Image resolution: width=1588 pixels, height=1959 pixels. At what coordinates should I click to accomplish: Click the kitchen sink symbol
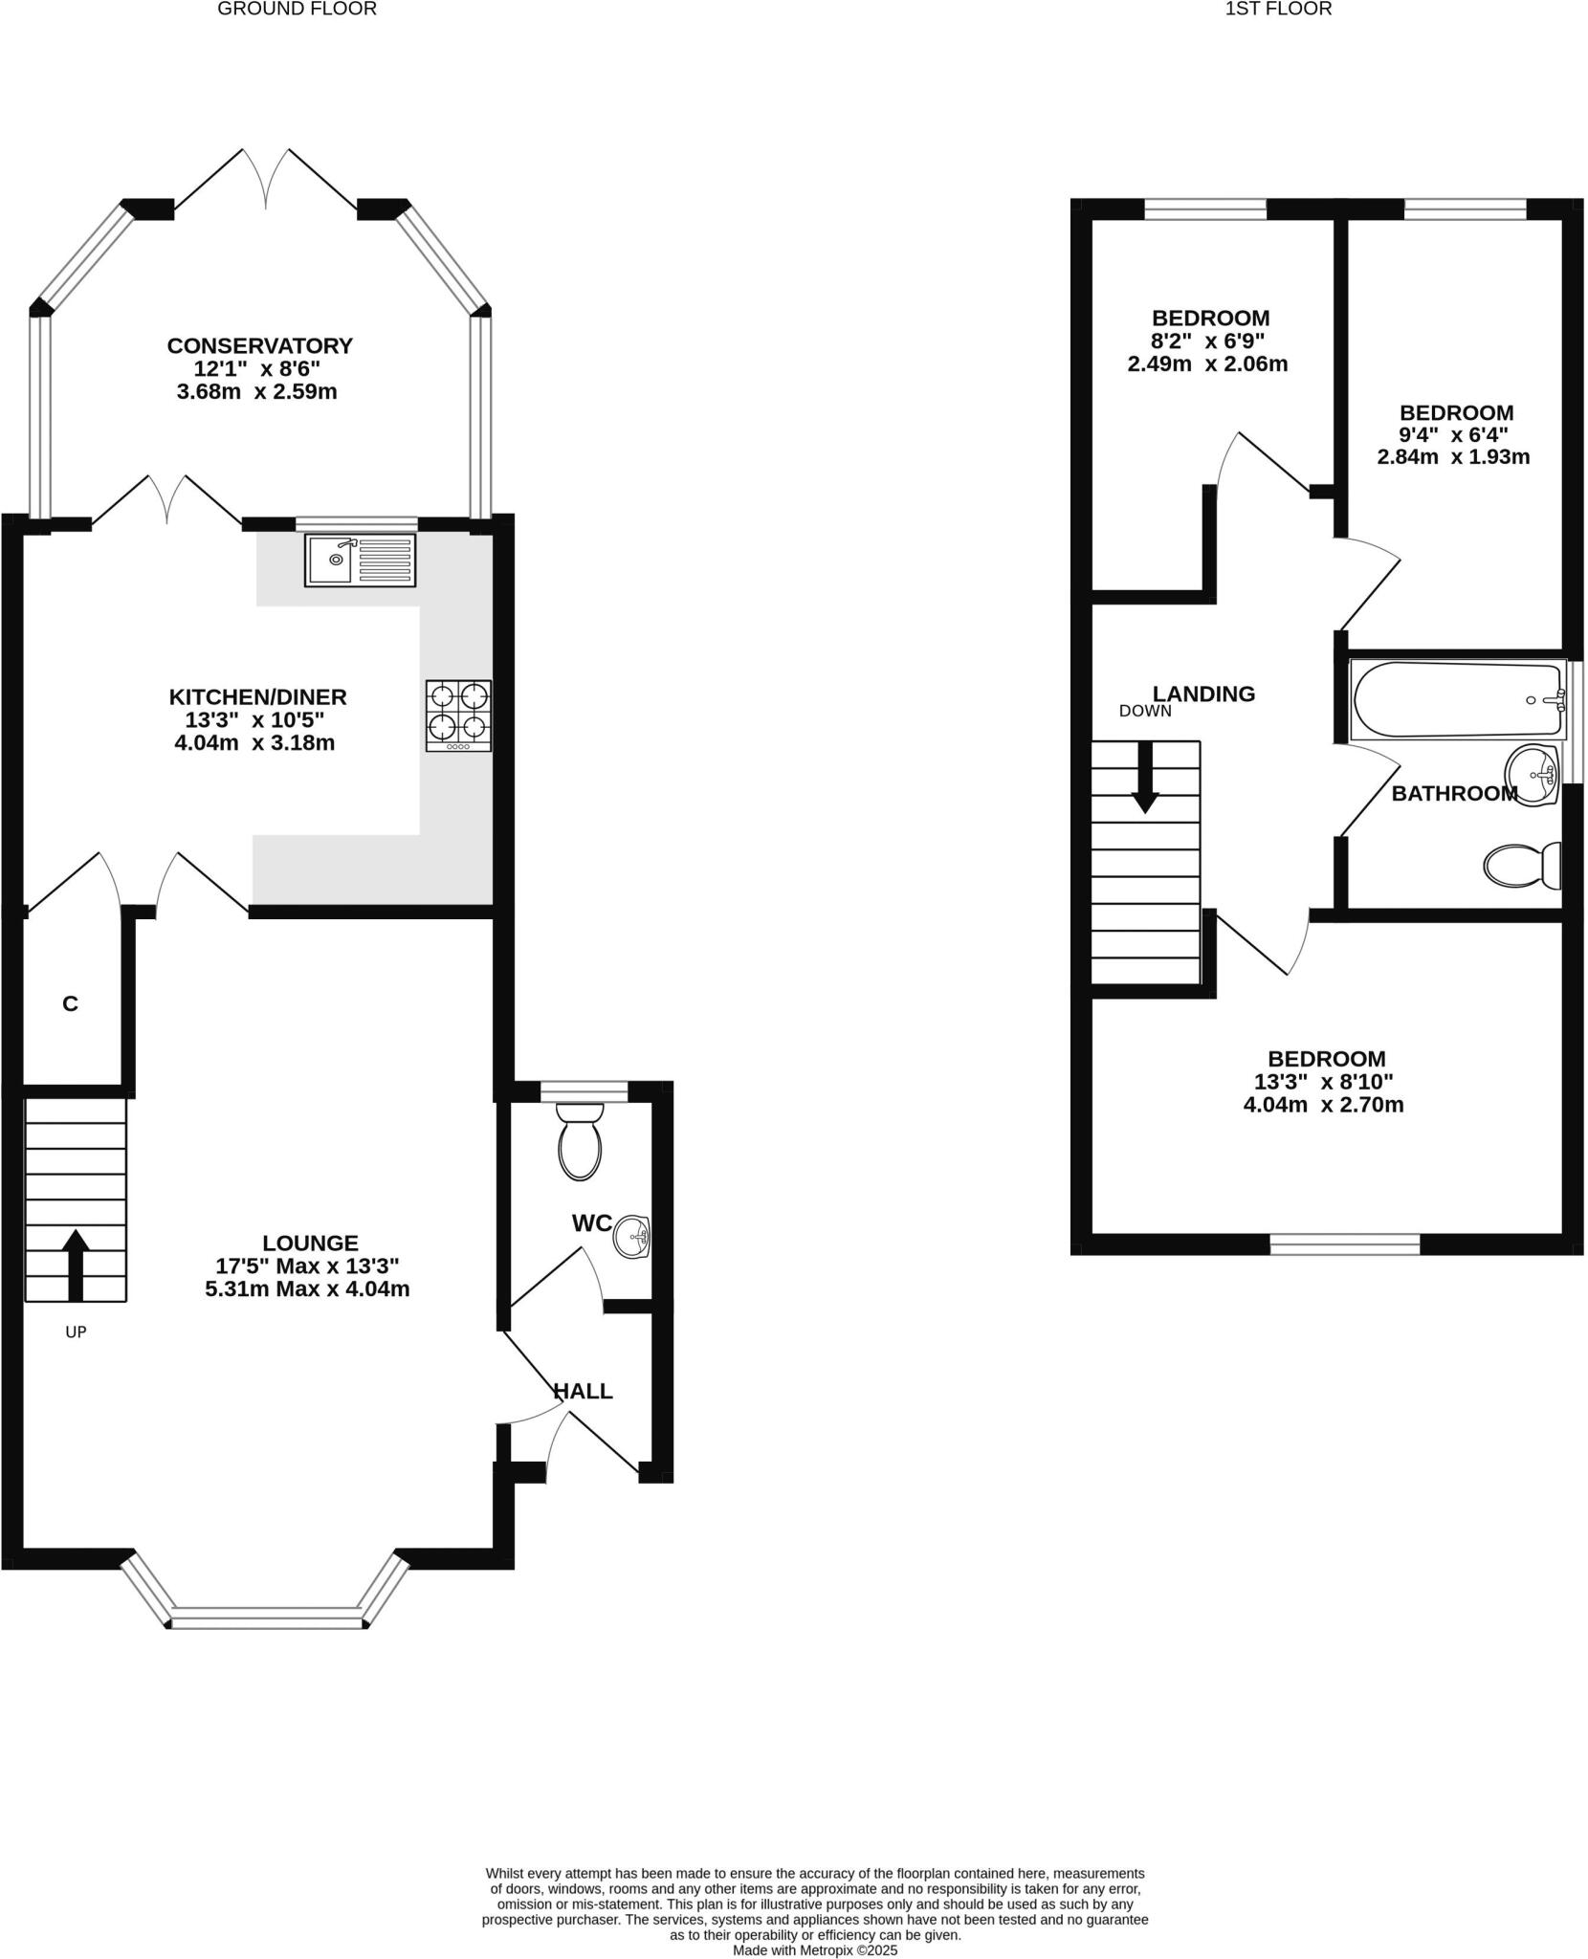(361, 560)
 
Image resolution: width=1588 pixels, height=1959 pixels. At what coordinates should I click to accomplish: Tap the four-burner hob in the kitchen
(459, 715)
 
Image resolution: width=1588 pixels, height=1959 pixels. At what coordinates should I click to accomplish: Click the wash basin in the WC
(631, 1237)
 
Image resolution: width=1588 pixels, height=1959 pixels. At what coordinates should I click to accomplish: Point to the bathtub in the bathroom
(1456, 700)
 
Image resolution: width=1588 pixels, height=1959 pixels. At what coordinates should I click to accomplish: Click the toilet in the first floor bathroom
(1521, 865)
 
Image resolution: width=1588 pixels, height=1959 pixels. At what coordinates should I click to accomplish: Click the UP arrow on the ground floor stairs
(76, 1265)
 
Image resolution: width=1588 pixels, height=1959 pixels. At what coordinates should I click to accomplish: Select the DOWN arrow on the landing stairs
(1145, 777)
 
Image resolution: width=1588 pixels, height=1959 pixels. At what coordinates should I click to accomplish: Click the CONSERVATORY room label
(259, 345)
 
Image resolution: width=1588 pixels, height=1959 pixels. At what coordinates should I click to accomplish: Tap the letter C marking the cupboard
(70, 1003)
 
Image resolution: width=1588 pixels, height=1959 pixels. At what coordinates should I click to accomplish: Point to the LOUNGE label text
(310, 1243)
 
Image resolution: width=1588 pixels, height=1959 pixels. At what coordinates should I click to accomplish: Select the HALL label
(583, 1391)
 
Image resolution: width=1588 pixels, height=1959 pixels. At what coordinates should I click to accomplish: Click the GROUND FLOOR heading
(297, 10)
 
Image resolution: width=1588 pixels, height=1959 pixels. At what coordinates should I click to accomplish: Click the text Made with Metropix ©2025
(814, 1949)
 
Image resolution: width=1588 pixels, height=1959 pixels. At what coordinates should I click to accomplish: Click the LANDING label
(1202, 693)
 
